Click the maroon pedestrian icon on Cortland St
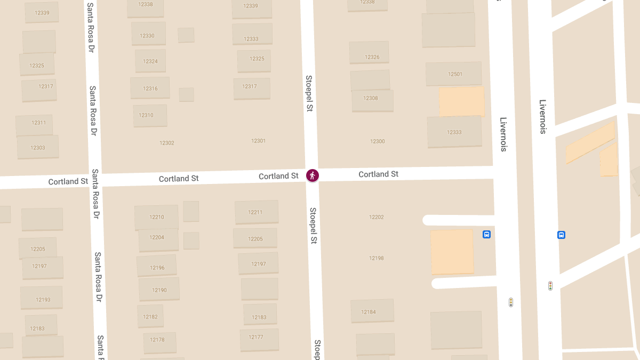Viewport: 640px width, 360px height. click(313, 175)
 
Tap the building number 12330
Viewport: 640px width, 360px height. click(147, 36)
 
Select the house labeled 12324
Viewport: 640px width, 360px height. click(150, 61)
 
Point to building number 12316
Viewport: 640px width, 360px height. click(150, 89)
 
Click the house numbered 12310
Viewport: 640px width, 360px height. click(146, 115)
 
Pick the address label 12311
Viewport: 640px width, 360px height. click(38, 123)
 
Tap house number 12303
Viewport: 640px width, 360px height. click(38, 148)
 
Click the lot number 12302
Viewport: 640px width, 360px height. click(167, 143)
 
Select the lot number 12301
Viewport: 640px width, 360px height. click(259, 141)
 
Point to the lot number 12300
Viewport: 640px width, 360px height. click(378, 141)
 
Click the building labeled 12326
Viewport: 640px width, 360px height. click(372, 57)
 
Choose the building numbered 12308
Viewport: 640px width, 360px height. click(371, 98)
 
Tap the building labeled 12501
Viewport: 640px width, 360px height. click(455, 74)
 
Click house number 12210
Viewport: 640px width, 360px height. click(157, 217)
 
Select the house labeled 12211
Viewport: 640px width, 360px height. click(255, 212)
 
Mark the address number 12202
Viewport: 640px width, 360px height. click(377, 217)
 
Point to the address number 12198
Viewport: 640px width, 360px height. click(377, 258)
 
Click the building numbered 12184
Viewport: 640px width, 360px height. click(369, 312)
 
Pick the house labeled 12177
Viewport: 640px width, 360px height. click(256, 337)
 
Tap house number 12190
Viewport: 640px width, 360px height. click(159, 290)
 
